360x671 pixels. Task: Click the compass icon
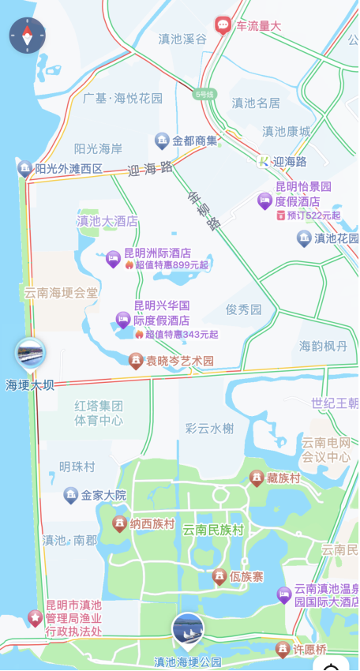point(28,35)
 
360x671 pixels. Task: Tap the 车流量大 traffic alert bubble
point(223,25)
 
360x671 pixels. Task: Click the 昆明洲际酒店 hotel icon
point(113,257)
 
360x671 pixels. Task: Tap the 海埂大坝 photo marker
point(30,354)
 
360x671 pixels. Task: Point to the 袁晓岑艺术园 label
point(180,361)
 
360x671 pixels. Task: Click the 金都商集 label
point(194,141)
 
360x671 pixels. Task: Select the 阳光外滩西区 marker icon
point(24,168)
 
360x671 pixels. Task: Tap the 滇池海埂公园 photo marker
point(188,630)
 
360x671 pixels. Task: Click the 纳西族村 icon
point(119,523)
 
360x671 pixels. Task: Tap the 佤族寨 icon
point(219,578)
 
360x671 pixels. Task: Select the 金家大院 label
point(103,496)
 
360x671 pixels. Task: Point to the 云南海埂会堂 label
point(62,293)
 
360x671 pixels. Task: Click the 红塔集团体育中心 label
point(99,413)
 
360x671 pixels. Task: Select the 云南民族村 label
point(213,530)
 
